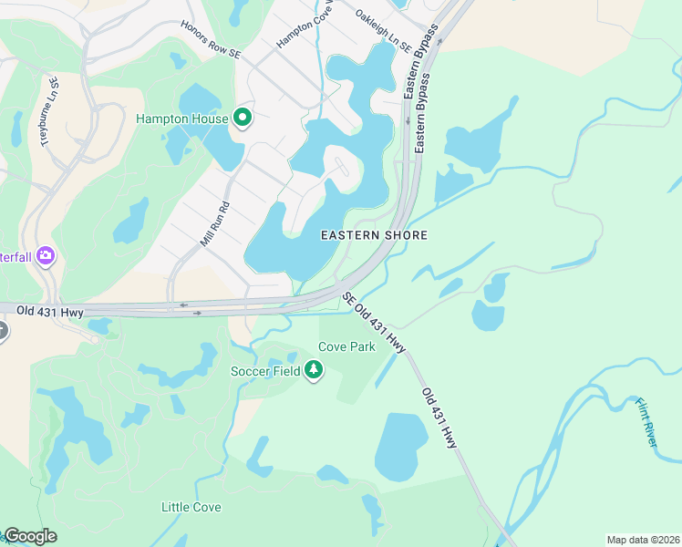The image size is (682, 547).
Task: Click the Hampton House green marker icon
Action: (x=243, y=118)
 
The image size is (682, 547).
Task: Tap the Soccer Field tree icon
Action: (x=315, y=370)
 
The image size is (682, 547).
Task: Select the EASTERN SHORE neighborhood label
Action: (x=374, y=235)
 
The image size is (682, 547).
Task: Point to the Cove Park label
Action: (x=346, y=347)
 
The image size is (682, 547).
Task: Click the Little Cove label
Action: (x=191, y=507)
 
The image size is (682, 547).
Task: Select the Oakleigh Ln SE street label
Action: (x=383, y=30)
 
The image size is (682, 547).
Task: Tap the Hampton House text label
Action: (x=181, y=119)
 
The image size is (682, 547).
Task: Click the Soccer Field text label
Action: (x=266, y=371)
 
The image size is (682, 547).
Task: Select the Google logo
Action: (x=30, y=536)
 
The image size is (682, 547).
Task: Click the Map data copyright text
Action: (x=643, y=540)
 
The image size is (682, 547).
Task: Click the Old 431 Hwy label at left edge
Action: (x=50, y=312)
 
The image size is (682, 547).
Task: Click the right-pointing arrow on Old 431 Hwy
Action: (x=199, y=313)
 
